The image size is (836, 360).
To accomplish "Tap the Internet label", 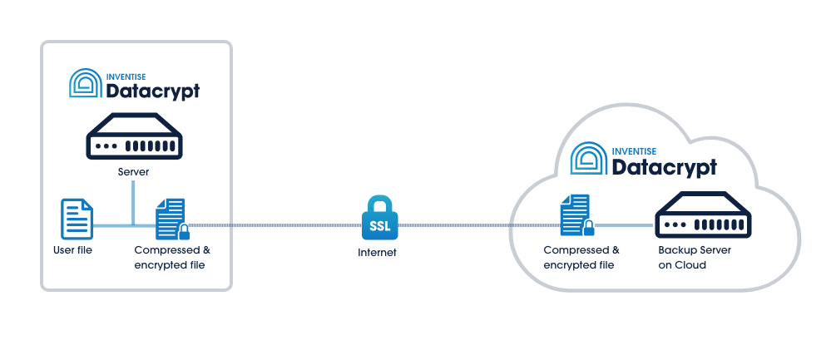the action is (x=377, y=253).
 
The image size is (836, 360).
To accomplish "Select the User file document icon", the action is (x=77, y=219).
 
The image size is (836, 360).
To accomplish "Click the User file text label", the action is (x=72, y=249).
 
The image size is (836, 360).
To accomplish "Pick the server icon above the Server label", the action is (x=135, y=136).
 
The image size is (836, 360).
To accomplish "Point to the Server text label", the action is (x=133, y=173).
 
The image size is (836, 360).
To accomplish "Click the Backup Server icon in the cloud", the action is (x=703, y=215).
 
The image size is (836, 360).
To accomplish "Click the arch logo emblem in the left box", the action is (x=86, y=83).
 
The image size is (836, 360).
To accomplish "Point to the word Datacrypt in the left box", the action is (x=152, y=91).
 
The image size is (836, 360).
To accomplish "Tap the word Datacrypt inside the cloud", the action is (x=665, y=167).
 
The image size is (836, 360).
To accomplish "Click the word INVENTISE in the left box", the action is (x=128, y=76).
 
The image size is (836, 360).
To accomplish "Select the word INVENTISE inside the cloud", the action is (x=635, y=151).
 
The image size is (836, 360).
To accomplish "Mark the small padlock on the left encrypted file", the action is (x=183, y=232).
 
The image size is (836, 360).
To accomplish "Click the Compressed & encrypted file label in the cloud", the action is (x=581, y=257).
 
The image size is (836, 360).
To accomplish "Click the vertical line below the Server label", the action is (x=133, y=203).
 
